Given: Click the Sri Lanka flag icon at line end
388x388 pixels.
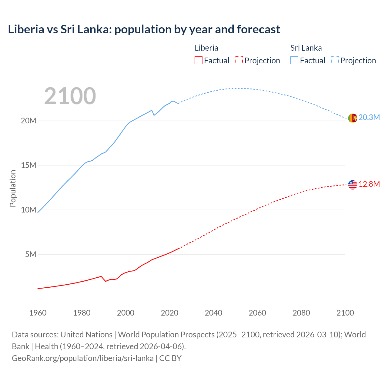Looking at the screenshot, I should pos(353,118).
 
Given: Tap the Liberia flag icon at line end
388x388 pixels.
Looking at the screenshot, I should pos(353,185).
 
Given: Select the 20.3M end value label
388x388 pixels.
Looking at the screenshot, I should pos(369,118).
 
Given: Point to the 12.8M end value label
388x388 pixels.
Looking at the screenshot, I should pos(369,184).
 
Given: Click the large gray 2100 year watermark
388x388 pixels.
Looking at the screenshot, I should pos(70,96).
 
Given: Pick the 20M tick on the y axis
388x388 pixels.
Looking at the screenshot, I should pos(28,121).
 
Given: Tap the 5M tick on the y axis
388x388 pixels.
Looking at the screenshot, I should pos(31,254).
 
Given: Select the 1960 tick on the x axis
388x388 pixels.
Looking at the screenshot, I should pos(38,313).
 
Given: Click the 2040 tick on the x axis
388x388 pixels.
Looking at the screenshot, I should pos(213,313).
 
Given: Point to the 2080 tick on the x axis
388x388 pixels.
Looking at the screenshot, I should pos(301,313).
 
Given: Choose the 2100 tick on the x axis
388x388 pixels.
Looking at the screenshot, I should pos(345,313).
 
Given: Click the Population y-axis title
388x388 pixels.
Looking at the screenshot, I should pos(13,188).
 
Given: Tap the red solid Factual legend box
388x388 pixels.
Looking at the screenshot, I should pos(199,61).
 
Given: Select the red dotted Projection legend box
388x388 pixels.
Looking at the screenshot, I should pos(239,61).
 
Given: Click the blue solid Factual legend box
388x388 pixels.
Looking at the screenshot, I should pos(294,61).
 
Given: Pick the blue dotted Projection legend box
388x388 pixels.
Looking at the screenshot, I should pos(335,61).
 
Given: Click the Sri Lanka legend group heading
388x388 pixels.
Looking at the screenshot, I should pos(306,48).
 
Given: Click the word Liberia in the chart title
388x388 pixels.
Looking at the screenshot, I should pos(26,29).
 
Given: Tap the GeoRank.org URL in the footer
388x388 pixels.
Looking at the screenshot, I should pos(82,358).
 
